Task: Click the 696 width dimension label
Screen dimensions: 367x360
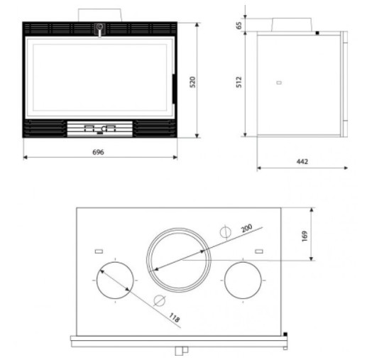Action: coord(98,152)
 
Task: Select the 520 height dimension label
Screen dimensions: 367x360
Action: coord(193,82)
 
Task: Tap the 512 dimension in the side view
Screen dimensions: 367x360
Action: coord(239,82)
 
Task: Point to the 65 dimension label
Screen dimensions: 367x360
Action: coord(239,25)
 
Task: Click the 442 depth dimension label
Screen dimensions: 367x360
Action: coord(302,161)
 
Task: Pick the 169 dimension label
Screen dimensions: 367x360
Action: coord(305,236)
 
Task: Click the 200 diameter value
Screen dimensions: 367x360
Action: coord(246,228)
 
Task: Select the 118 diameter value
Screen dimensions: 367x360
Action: coord(174,317)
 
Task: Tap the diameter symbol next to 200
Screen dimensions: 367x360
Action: coord(226,232)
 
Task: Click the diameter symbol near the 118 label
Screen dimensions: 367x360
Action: coord(159,300)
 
